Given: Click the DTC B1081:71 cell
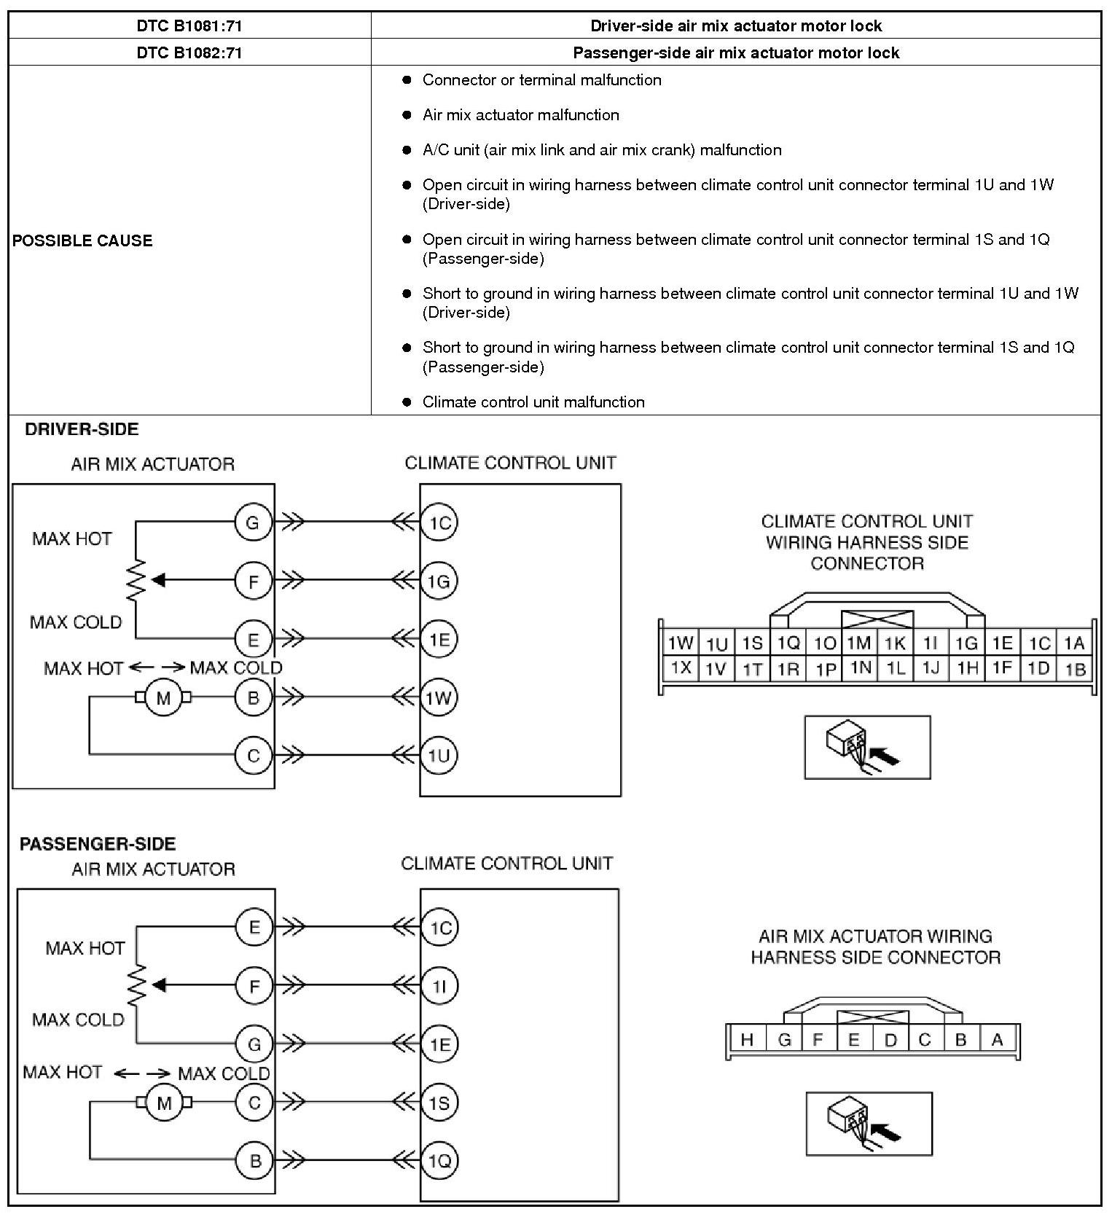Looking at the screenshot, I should click(x=189, y=26).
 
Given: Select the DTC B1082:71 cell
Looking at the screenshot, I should click(x=189, y=52).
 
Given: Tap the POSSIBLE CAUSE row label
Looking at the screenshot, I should click(x=82, y=240).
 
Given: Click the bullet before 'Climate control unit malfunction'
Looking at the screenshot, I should click(x=407, y=402).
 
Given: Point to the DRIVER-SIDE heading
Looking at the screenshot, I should click(x=82, y=429).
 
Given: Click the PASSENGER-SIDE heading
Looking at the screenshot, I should click(x=98, y=843).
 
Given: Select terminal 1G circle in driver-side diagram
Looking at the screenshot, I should click(x=439, y=581).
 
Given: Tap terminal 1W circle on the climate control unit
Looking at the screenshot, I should click(x=439, y=697).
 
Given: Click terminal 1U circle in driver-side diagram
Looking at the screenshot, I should click(x=439, y=756).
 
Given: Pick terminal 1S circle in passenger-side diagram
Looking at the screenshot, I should click(x=439, y=1103).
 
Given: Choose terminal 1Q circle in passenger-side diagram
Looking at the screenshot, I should click(x=439, y=1160).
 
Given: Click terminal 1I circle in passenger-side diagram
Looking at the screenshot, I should click(x=439, y=986).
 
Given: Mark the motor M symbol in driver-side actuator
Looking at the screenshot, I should click(x=163, y=697).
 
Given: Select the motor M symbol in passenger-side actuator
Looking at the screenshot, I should click(x=164, y=1103).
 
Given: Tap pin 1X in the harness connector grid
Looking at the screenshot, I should click(x=681, y=668).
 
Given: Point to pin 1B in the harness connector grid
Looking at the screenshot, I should click(x=1075, y=668).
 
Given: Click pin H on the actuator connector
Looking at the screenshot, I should click(x=747, y=1040).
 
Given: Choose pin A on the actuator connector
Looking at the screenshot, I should click(x=997, y=1040).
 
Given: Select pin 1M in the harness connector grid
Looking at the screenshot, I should click(x=858, y=643).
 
